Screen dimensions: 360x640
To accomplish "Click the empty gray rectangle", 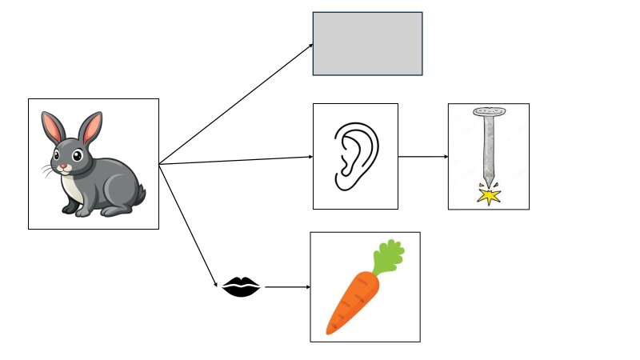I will [x=367, y=43].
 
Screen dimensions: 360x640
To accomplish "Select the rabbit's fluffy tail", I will [x=139, y=194].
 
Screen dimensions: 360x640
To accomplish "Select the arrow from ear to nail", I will [x=422, y=157].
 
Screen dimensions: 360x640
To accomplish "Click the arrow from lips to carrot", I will [x=286, y=286].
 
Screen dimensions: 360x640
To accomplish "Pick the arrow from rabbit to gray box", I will [x=236, y=104].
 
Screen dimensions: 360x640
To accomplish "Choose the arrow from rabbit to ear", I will [x=236, y=161].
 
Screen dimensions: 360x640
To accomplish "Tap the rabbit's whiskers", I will [x=46, y=170].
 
